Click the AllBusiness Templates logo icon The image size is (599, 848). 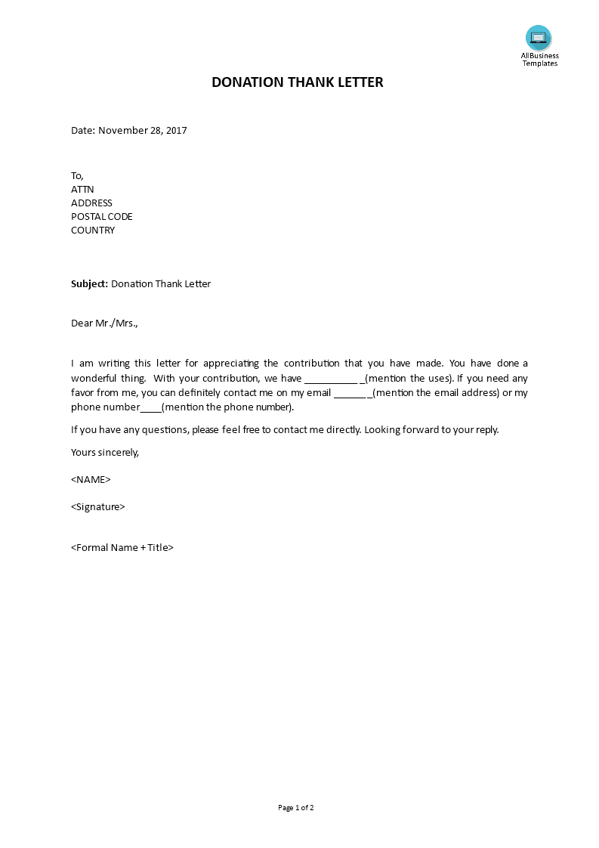[x=539, y=38]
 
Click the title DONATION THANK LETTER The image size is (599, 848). [x=298, y=82]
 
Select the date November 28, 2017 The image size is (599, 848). [x=142, y=130]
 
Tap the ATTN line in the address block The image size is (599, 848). [x=82, y=189]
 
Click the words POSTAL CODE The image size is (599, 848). [x=101, y=216]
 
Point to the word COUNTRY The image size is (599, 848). [x=93, y=230]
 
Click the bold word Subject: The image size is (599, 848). [x=90, y=284]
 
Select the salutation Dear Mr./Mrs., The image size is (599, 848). [x=104, y=323]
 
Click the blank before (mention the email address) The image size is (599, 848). [x=350, y=393]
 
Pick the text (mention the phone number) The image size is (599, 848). [x=227, y=407]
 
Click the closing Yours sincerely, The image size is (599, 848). [x=105, y=452]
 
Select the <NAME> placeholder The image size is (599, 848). [x=91, y=479]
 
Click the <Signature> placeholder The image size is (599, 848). [x=98, y=506]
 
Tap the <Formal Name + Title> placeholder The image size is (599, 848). [x=122, y=547]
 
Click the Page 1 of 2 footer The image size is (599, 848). [x=296, y=807]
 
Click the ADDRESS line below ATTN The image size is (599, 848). [x=91, y=203]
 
